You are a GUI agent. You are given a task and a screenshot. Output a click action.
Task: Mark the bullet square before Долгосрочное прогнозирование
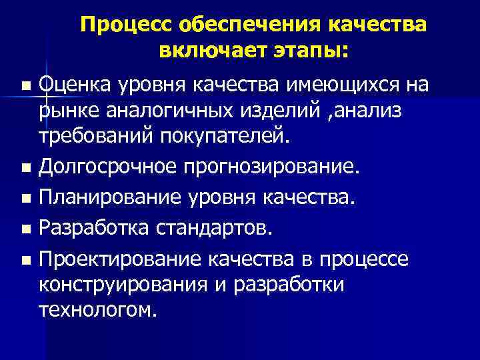(25, 167)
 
